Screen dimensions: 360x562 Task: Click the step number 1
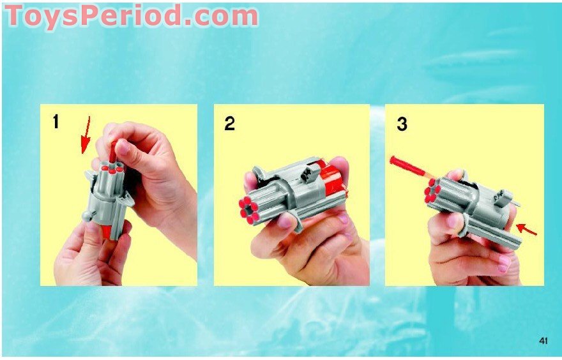[56, 121]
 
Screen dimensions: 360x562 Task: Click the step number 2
[229, 123]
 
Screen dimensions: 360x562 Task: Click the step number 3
[401, 124]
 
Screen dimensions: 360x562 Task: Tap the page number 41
[543, 341]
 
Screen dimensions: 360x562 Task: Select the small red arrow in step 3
[526, 228]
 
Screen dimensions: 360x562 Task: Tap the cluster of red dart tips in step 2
[248, 209]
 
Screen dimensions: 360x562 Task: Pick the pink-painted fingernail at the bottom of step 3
[502, 260]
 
